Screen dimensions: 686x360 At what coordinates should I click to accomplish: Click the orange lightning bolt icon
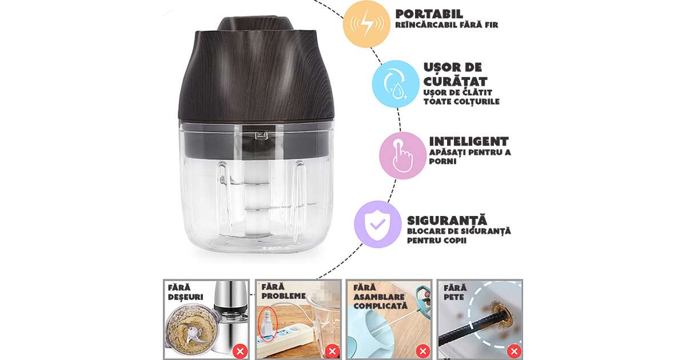click(x=366, y=23)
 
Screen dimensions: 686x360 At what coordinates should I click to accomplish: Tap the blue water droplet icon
click(x=396, y=84)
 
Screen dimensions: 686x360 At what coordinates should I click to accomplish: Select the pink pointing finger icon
click(x=402, y=155)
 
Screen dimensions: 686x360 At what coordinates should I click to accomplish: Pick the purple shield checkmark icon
click(x=378, y=225)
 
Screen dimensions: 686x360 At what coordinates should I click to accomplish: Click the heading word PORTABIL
click(x=429, y=14)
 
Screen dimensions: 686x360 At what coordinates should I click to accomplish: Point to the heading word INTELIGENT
click(x=469, y=142)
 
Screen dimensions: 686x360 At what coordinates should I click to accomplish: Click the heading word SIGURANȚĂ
click(x=447, y=220)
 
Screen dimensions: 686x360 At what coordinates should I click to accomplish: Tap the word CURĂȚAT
click(x=455, y=81)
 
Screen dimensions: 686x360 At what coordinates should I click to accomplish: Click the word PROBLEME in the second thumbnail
click(x=284, y=296)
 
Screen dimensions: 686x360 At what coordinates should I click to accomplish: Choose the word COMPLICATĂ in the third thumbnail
click(x=380, y=306)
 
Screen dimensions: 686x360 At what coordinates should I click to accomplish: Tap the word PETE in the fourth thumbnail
click(x=454, y=297)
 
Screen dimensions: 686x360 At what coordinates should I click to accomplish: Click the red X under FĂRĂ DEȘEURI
click(x=241, y=351)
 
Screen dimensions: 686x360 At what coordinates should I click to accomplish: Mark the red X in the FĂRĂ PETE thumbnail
click(x=514, y=351)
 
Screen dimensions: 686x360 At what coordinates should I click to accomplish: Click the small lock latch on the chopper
click(x=261, y=135)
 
